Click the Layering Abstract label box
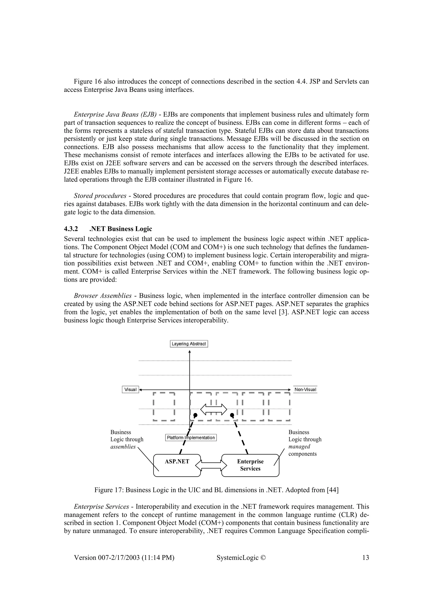[189, 344]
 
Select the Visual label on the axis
[130, 389]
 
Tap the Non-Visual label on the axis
[305, 389]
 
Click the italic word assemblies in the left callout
[123, 447]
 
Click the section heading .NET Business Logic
[121, 229]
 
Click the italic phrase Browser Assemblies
[103, 296]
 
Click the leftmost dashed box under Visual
[164, 407]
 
